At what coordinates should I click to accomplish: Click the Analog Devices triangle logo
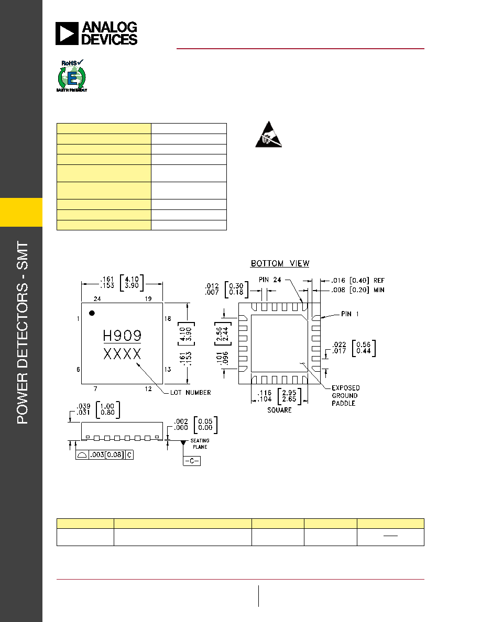(67, 34)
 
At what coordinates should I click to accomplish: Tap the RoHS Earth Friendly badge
(72, 76)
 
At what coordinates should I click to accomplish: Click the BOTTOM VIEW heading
(280, 263)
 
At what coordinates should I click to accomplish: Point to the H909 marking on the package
(122, 336)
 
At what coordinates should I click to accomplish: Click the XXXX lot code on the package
(122, 354)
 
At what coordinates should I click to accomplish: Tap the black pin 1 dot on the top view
(92, 313)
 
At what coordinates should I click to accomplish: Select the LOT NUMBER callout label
(191, 392)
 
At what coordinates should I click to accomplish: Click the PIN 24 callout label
(270, 280)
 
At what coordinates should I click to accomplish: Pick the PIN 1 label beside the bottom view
(350, 314)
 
